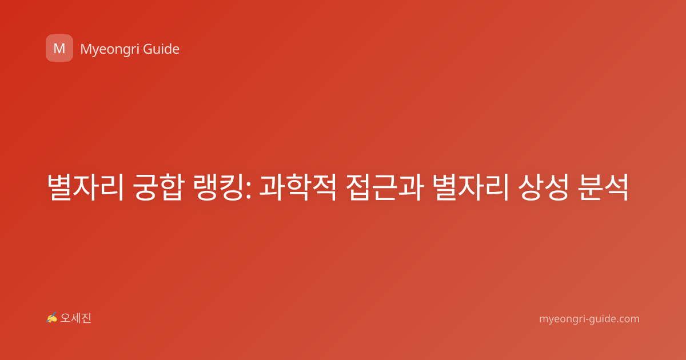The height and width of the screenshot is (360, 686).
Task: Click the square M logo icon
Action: pyautogui.click(x=59, y=48)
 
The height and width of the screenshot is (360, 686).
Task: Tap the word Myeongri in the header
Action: pyautogui.click(x=110, y=50)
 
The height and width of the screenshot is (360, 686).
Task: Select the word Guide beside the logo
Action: pyautogui.click(x=161, y=49)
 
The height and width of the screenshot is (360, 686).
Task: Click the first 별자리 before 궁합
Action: pyautogui.click(x=85, y=187)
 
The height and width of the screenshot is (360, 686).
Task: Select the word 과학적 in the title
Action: pyautogui.click(x=298, y=187)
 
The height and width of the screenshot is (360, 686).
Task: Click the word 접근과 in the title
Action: pyautogui.click(x=385, y=187)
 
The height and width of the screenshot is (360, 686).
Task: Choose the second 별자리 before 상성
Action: pyautogui.click(x=471, y=187)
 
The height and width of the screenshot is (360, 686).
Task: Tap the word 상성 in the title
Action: pyautogui.click(x=543, y=187)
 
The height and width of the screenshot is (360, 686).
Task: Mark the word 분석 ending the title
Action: pyautogui.click(x=603, y=187)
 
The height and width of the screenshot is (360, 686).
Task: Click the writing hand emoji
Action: pyautogui.click(x=51, y=318)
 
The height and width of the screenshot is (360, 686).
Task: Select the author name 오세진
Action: pyautogui.click(x=75, y=318)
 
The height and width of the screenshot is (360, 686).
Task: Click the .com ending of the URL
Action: pyautogui.click(x=628, y=319)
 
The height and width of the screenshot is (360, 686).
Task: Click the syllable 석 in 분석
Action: pyautogui.click(x=616, y=187)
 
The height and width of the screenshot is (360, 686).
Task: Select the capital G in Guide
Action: pyautogui.click(x=147, y=49)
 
